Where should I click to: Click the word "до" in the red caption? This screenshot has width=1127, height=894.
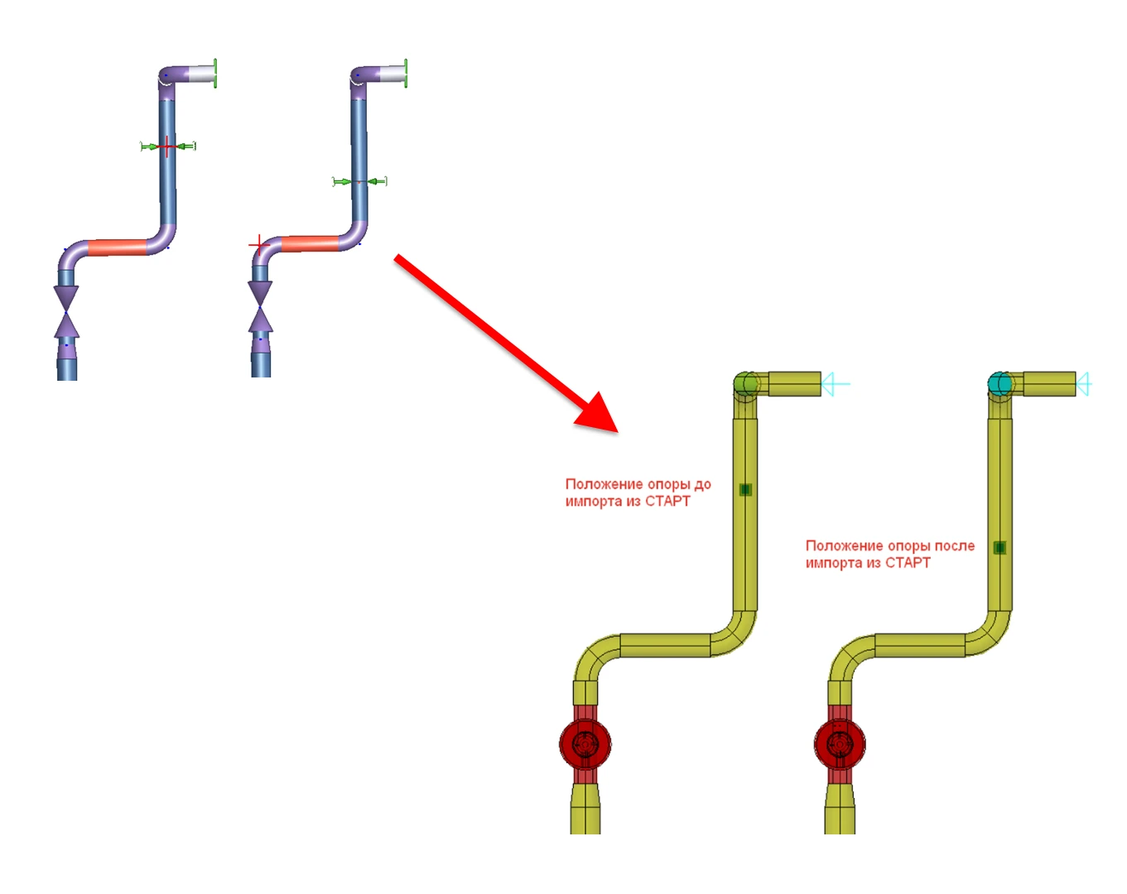tap(702, 484)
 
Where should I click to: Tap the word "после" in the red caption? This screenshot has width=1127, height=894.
tap(954, 546)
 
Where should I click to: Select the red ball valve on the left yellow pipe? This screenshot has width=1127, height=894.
tap(585, 743)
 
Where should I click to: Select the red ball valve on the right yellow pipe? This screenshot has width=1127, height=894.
tap(840, 743)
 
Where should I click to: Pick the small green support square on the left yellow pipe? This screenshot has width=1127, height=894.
tap(745, 490)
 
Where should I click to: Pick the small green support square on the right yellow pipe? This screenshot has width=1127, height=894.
tap(999, 547)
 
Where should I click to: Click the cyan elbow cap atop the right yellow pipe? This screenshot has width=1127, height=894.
tap(1000, 384)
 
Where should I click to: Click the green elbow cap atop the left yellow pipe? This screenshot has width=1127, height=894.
tap(745, 384)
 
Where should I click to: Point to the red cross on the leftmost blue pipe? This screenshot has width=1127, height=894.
tap(167, 147)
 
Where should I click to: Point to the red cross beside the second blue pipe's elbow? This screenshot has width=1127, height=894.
tap(258, 245)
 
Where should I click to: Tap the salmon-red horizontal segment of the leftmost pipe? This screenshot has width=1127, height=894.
tap(117, 247)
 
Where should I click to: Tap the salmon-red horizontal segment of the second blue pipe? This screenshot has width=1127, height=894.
tap(310, 243)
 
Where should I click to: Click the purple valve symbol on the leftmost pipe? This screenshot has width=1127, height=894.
tap(66, 310)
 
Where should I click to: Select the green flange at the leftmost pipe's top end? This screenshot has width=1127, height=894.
tap(214, 74)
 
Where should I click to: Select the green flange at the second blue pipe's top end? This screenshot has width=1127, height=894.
tap(406, 74)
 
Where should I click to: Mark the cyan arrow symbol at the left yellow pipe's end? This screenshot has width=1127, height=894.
tap(836, 384)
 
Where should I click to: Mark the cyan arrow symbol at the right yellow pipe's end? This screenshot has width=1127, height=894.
tap(1084, 384)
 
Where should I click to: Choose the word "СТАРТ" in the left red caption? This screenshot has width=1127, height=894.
tap(667, 502)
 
